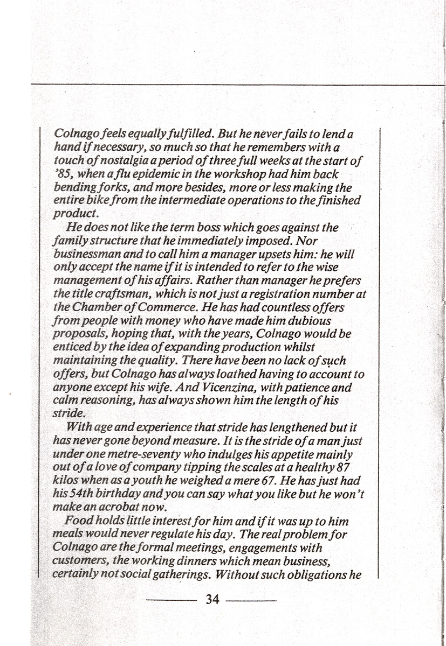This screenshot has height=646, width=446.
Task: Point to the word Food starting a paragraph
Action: (x=78, y=521)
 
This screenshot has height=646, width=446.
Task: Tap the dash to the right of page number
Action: (x=251, y=599)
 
